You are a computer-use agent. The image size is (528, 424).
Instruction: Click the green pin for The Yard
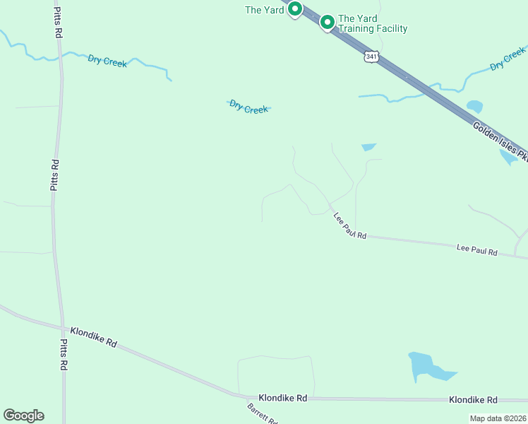pyautogui.click(x=295, y=9)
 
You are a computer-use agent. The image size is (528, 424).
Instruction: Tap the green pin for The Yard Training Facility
pyautogui.click(x=328, y=23)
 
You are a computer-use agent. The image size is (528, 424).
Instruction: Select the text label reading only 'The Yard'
pyautogui.click(x=264, y=10)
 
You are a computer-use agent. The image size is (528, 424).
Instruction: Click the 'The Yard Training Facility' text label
pyautogui.click(x=373, y=24)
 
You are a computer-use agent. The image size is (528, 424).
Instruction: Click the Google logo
pyautogui.click(x=23, y=416)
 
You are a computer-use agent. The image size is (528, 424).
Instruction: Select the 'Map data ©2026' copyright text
pyautogui.click(x=498, y=418)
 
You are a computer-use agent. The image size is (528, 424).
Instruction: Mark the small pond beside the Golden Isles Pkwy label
pyautogui.click(x=475, y=107)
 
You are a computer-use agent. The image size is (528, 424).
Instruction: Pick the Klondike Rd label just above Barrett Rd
pyautogui.click(x=282, y=399)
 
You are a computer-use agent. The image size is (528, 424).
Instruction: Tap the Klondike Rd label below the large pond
pyautogui.click(x=473, y=400)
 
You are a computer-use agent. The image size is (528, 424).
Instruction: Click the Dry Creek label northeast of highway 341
pyautogui.click(x=508, y=59)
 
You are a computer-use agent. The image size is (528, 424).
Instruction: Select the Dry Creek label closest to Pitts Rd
pyautogui.click(x=107, y=61)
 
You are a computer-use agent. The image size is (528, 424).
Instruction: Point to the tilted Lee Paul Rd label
pyautogui.click(x=350, y=227)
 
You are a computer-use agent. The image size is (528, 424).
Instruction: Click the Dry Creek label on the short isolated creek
pyautogui.click(x=248, y=107)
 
